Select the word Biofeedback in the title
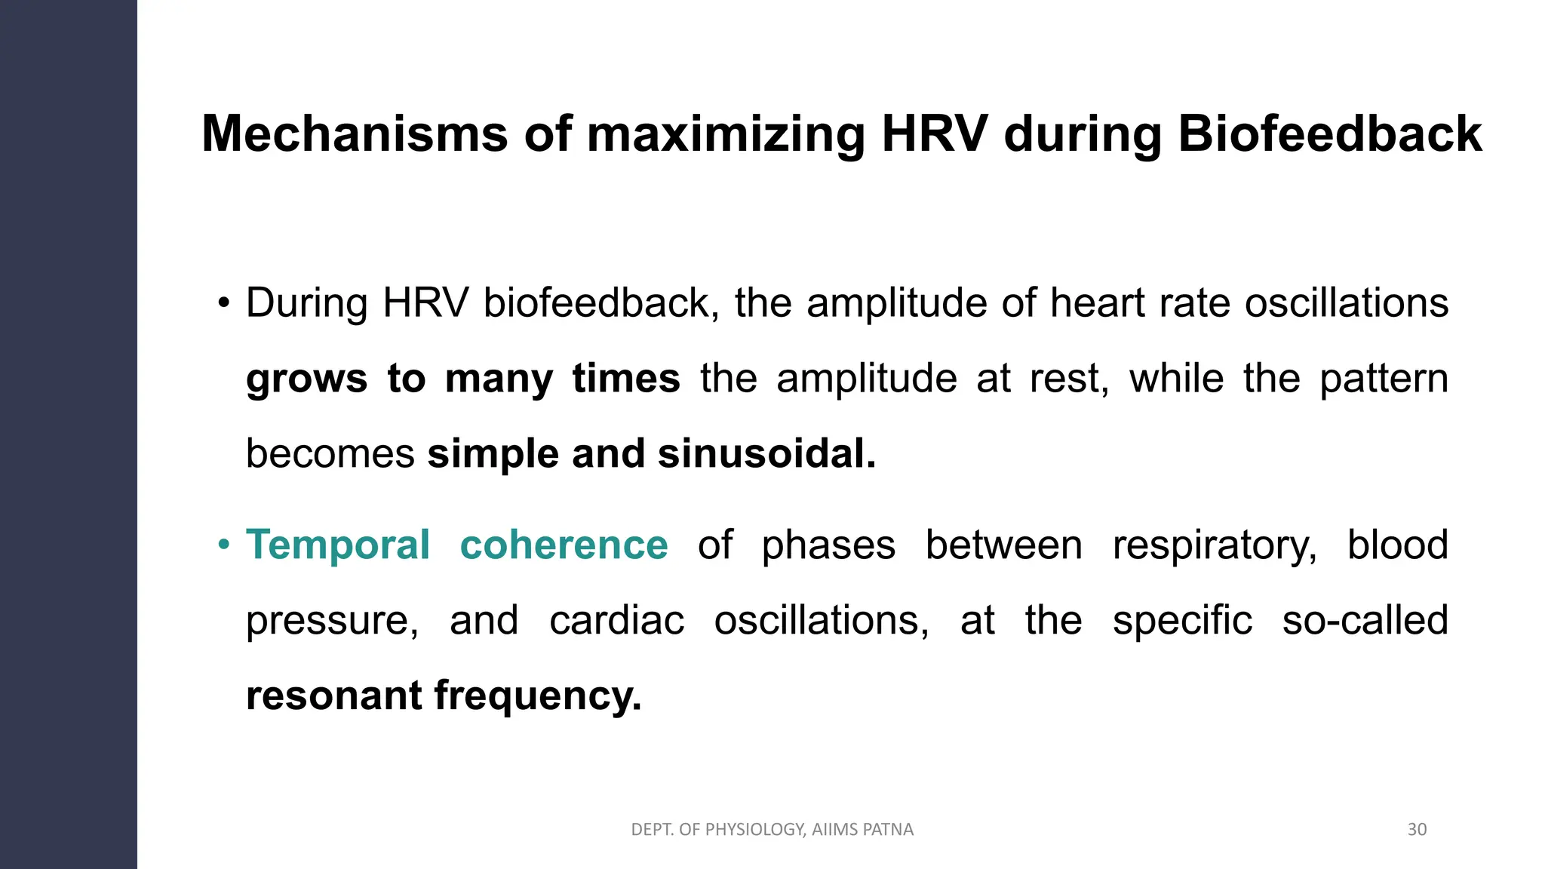(1329, 134)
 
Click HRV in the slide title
(934, 134)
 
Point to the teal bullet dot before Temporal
(223, 544)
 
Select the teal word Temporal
(338, 545)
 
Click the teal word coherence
(564, 545)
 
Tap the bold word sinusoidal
(766, 454)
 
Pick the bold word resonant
(333, 696)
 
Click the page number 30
(1417, 830)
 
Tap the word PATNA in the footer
(888, 830)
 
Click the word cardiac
(616, 621)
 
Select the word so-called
(1365, 620)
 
